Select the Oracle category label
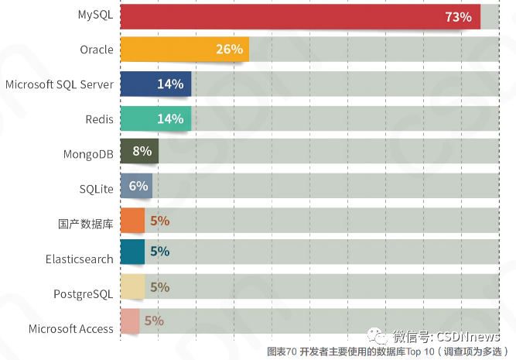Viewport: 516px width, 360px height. [x=96, y=50]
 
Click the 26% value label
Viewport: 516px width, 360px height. [x=229, y=50]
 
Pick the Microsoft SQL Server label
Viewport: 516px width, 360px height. [x=59, y=84]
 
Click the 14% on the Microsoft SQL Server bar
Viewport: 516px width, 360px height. [x=169, y=84]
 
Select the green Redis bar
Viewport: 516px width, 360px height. [x=155, y=118]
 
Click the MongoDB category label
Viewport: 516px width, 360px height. [x=88, y=154]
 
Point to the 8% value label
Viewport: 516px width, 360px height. [x=142, y=152]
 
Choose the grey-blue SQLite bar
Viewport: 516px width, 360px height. [x=135, y=186]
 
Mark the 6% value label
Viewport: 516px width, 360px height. [x=138, y=186]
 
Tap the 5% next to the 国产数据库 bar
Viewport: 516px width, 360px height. [x=159, y=221]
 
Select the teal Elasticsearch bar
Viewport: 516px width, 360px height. [x=132, y=252]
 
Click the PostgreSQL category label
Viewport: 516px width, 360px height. [x=83, y=293]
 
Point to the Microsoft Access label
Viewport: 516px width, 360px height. [x=70, y=328]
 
